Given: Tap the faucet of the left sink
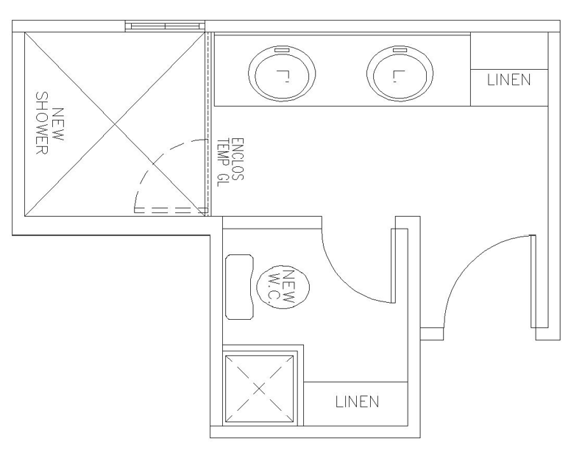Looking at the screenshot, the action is [x=282, y=49].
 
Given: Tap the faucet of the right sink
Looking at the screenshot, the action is [x=400, y=49].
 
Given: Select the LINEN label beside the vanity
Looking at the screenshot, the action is [x=508, y=80].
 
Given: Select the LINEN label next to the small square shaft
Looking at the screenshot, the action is [x=357, y=401].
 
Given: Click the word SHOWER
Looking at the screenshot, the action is [x=42, y=123].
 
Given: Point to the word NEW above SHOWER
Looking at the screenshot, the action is [x=58, y=124].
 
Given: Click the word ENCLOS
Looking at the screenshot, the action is [x=237, y=159].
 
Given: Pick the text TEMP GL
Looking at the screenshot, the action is [x=221, y=162].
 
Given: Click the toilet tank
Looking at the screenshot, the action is [x=240, y=287].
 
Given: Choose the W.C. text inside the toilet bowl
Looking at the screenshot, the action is [x=273, y=287].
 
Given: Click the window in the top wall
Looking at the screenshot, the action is [x=165, y=26].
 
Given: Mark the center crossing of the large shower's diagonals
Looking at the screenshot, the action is [x=115, y=124].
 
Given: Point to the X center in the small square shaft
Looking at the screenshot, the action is [x=259, y=389].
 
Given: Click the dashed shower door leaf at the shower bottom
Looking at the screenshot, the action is [x=171, y=210].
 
